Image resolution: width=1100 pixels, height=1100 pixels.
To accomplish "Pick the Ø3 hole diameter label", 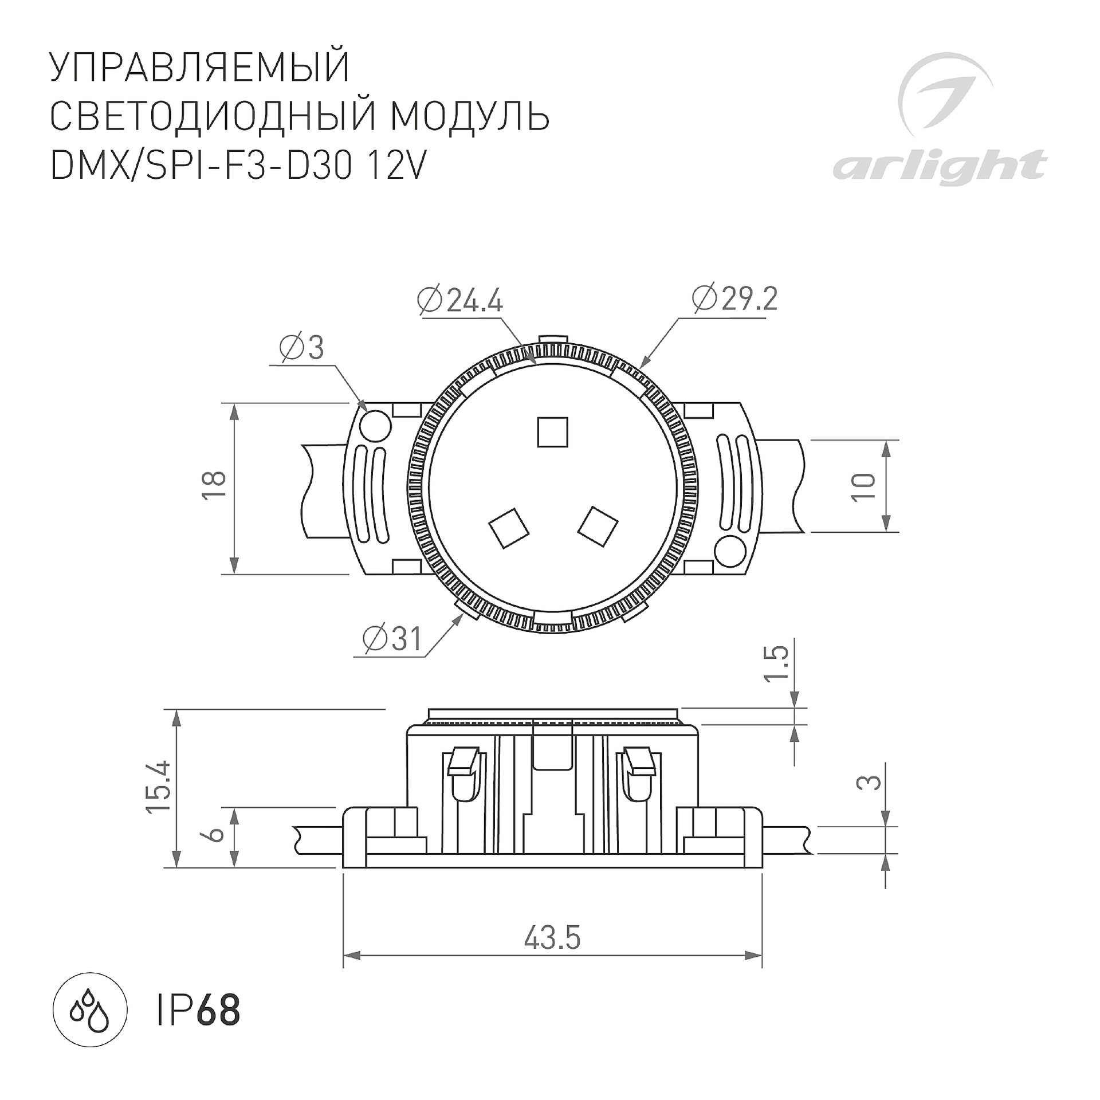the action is (x=302, y=348).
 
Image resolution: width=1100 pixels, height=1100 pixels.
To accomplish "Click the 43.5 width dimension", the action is (x=552, y=939).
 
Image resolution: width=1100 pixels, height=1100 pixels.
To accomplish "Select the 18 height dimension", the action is (x=214, y=486).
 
